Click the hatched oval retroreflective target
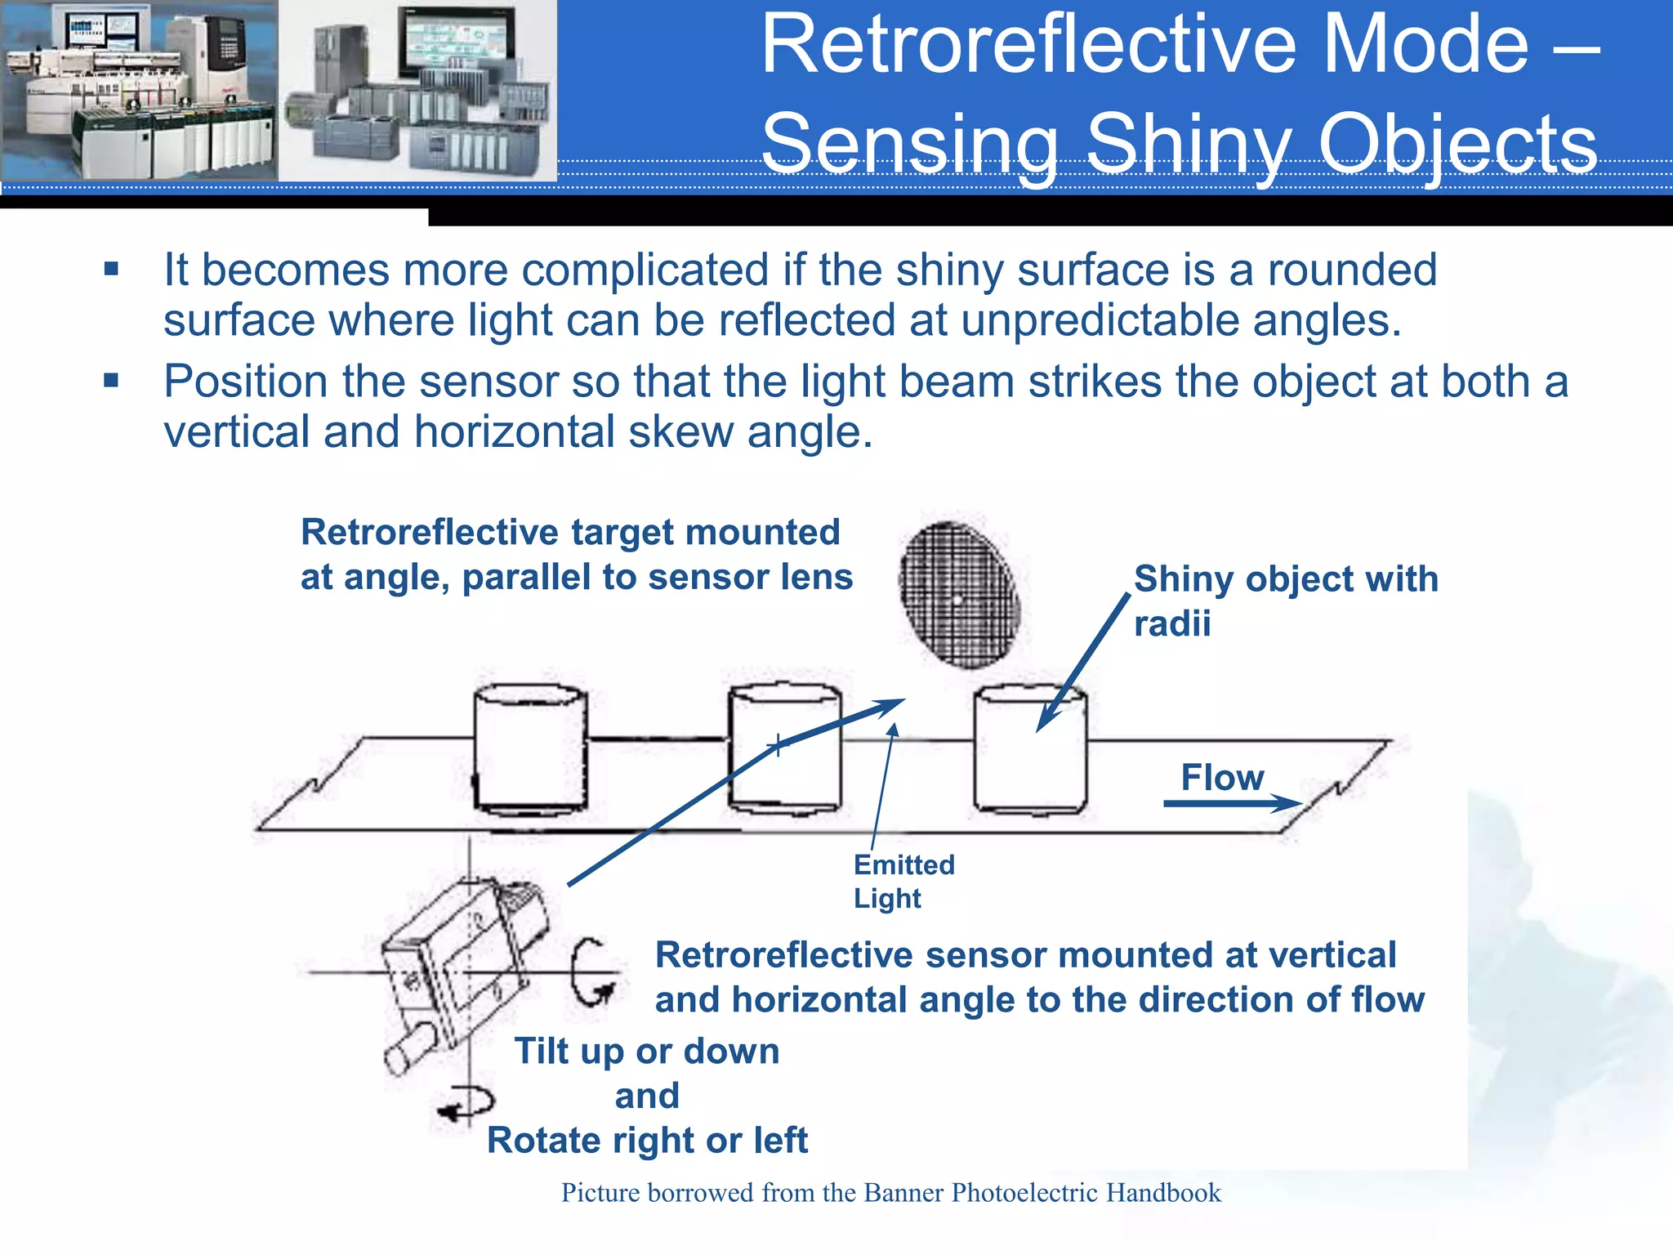point(959,595)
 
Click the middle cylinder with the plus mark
point(784,748)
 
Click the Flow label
point(1221,777)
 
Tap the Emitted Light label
point(903,881)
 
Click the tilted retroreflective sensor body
point(462,956)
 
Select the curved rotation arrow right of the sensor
point(590,972)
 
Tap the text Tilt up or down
point(646,1051)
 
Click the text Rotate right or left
point(646,1140)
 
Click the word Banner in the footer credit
point(904,1193)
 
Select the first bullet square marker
point(112,270)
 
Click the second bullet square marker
point(112,381)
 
